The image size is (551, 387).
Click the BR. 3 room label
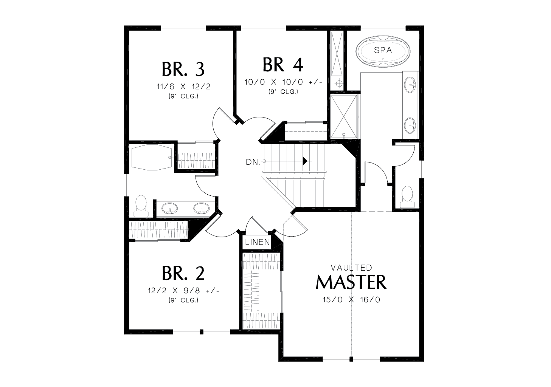(183, 69)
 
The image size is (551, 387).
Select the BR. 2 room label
(183, 273)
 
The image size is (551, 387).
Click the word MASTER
(351, 282)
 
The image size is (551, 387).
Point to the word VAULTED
(351, 267)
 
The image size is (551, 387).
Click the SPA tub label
(383, 50)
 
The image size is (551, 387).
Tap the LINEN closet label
(258, 242)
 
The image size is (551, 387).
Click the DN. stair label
(253, 162)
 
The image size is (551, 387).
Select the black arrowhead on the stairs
(305, 161)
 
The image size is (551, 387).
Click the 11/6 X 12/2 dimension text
(183, 87)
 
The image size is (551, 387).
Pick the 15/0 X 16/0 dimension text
(351, 299)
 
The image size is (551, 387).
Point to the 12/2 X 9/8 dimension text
(183, 291)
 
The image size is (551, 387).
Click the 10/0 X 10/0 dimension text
(283, 82)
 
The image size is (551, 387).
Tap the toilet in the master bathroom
(407, 197)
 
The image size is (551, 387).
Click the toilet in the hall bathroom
(141, 206)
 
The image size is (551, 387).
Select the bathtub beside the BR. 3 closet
(151, 157)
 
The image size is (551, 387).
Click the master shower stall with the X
(343, 116)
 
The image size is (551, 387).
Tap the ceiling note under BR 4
(283, 92)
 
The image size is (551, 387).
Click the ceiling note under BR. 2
(183, 300)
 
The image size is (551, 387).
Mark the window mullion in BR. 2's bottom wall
(202, 332)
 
